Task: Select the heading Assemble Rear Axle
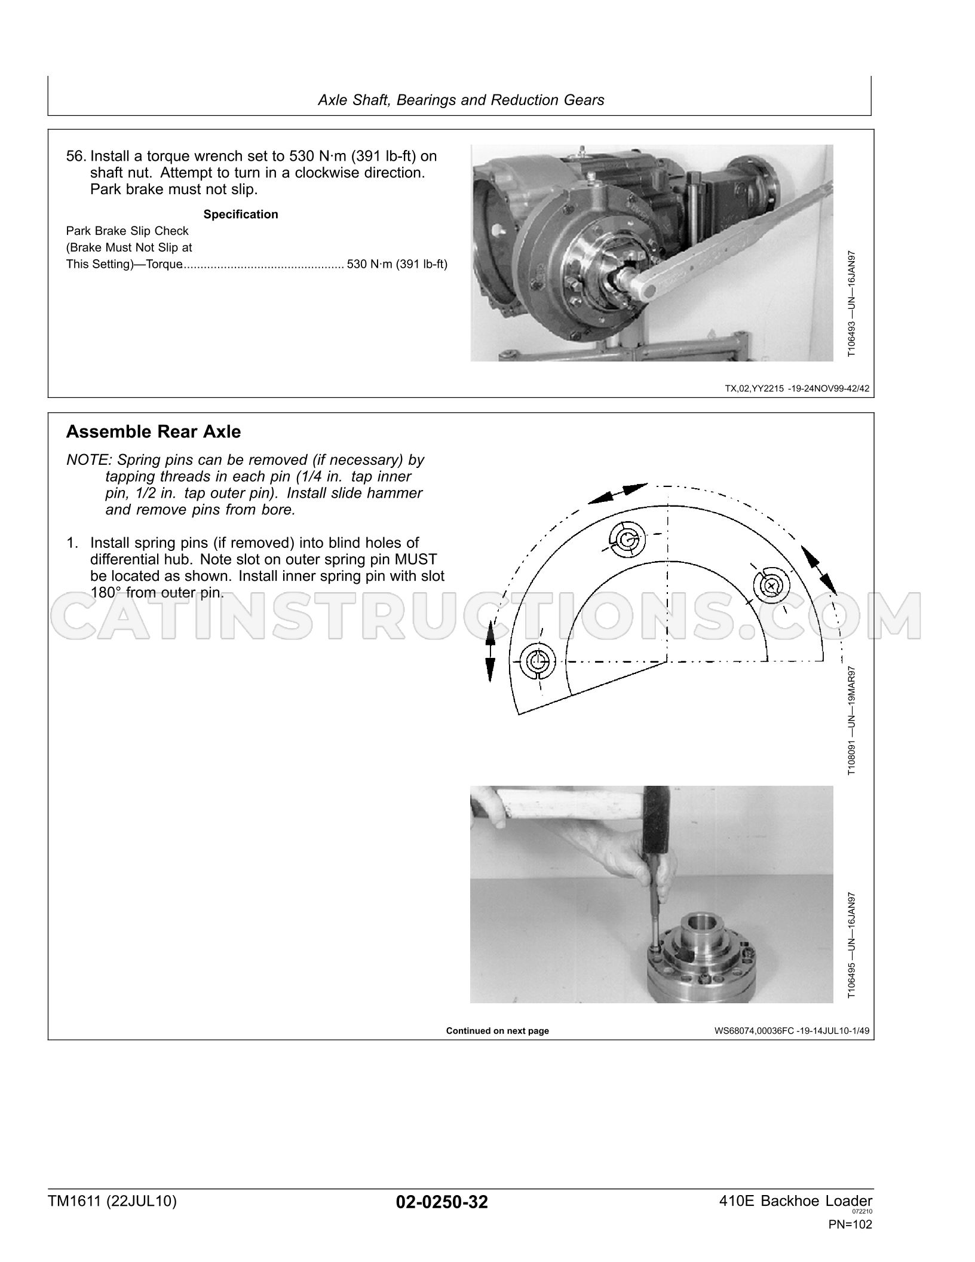click(x=154, y=431)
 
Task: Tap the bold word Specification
click(x=241, y=215)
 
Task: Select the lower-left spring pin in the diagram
click(x=538, y=661)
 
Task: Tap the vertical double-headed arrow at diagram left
click(x=490, y=651)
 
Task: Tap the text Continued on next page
click(x=497, y=1031)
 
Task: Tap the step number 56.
click(x=76, y=157)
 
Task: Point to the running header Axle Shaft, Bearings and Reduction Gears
click(x=461, y=100)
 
